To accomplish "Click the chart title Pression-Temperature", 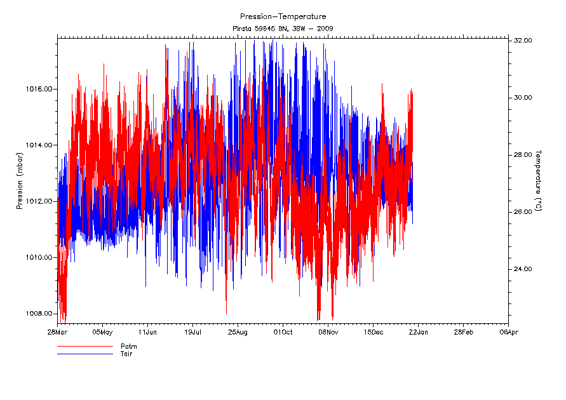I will (283, 17).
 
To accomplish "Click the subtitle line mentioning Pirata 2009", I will (283, 29).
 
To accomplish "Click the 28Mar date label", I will (57, 331).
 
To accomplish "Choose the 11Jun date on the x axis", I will (147, 331).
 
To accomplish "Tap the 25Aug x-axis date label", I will (238, 331).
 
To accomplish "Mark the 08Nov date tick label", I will (328, 331).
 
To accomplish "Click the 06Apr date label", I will (508, 331).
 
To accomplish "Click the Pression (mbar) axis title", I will (20, 179).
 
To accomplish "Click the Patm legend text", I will (129, 347).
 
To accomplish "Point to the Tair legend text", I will (127, 354).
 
